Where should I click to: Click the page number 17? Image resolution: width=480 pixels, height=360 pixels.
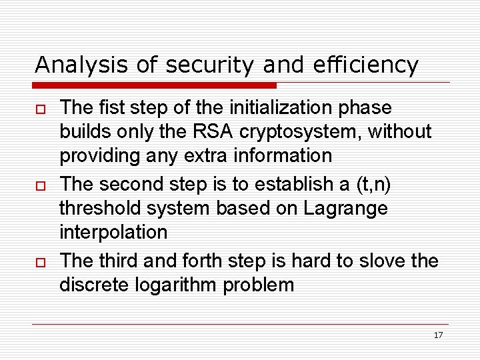click(x=438, y=335)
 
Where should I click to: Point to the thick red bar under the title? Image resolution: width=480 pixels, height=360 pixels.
click(x=155, y=85)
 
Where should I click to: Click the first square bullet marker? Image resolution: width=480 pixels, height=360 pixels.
click(x=39, y=109)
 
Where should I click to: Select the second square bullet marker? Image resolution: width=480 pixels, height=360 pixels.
click(x=39, y=185)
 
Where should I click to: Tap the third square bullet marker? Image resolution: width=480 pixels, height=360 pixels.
click(x=39, y=261)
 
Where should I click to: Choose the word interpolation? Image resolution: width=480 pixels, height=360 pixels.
click(x=113, y=232)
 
